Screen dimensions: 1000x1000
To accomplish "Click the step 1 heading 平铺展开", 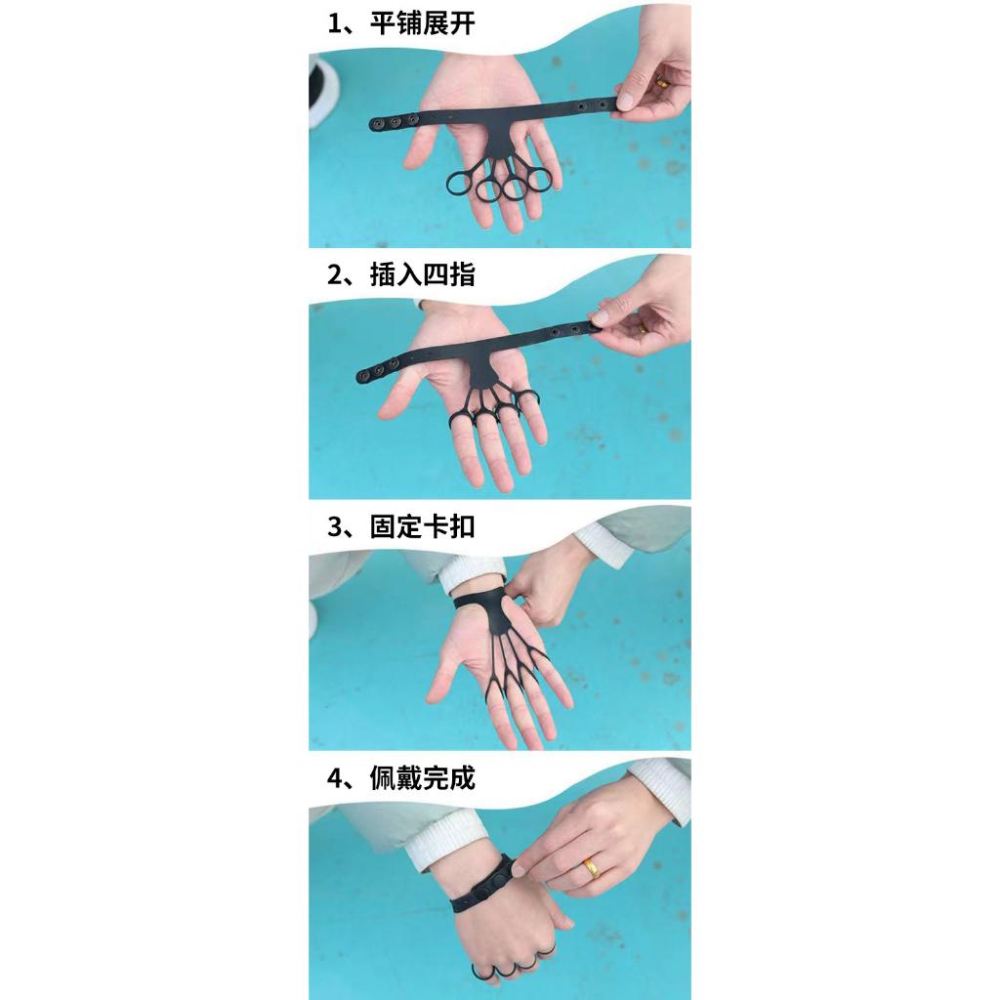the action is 422,24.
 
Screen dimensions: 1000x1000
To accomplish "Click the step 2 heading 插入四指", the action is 422,275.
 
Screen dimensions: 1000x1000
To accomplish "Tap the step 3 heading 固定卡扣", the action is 422,527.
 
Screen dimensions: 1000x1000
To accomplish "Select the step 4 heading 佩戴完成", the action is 422,778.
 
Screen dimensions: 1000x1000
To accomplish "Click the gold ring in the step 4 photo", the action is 592,869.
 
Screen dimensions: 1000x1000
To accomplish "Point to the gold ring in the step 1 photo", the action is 661,82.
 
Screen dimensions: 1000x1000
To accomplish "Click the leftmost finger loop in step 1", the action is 459,183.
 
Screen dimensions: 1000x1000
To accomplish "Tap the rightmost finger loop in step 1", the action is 539,178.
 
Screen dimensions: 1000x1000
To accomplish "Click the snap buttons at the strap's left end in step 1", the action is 393,121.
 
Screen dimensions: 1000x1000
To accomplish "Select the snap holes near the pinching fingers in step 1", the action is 589,105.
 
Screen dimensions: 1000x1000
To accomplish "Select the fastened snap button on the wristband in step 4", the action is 499,879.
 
